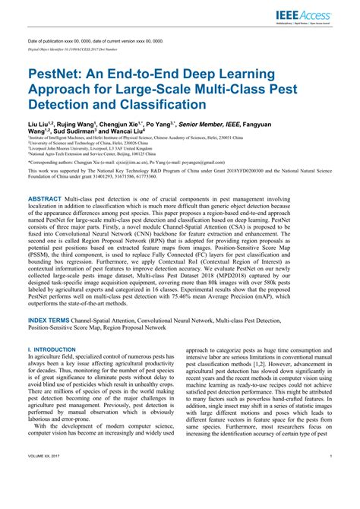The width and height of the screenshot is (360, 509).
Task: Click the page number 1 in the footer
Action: click(333, 498)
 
